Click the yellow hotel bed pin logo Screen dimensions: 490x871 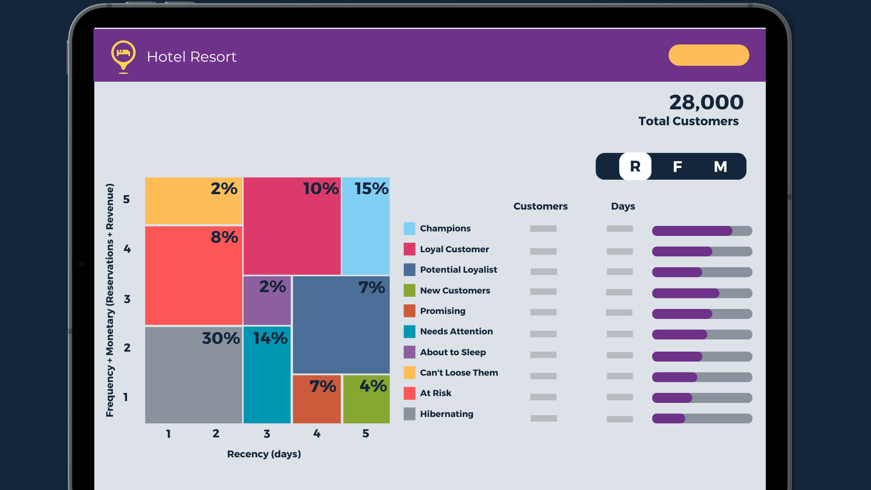(123, 55)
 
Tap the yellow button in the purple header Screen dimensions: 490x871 (708, 55)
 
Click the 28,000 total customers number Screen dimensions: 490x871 (706, 103)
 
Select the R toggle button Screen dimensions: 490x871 (635, 167)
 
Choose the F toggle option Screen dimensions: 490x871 (677, 167)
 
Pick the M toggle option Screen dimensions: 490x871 (720, 167)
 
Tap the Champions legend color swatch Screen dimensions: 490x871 (409, 229)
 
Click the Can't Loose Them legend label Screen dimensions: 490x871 (459, 372)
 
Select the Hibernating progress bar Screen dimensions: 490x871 (702, 418)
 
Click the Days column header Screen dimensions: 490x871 (622, 206)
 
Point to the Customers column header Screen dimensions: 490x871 (540, 206)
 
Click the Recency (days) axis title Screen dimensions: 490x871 (264, 454)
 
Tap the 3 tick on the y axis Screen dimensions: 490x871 (127, 299)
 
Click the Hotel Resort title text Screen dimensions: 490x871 (191, 57)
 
